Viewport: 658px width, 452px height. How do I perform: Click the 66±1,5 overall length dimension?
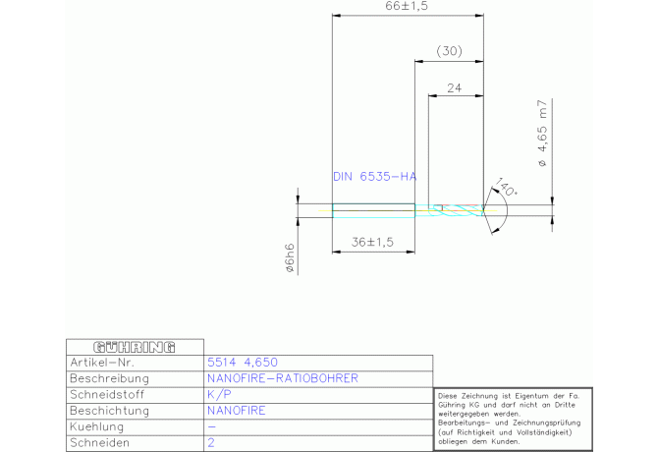tap(407, 6)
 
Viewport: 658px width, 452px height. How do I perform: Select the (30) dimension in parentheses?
tap(449, 51)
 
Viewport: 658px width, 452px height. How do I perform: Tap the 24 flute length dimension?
tap(454, 88)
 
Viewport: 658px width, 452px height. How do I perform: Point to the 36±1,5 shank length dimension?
tap(372, 242)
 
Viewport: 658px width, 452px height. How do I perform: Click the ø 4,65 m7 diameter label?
tap(542, 133)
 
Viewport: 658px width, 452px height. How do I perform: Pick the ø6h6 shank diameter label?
tap(290, 258)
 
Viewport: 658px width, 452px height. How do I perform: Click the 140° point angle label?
tap(506, 187)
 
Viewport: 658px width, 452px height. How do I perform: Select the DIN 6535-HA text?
tap(375, 177)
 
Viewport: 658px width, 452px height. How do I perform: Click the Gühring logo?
tap(135, 347)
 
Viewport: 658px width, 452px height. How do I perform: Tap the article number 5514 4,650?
tap(243, 363)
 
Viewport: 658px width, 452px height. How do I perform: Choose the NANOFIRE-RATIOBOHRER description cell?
tap(283, 378)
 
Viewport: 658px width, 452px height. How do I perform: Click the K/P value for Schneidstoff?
tap(219, 394)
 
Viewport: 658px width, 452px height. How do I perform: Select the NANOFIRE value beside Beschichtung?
tap(237, 411)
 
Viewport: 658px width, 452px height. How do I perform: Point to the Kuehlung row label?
tap(97, 426)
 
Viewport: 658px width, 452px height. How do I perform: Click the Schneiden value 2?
tap(211, 443)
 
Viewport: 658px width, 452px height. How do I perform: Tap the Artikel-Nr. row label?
tap(102, 363)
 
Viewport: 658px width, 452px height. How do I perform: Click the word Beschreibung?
tap(110, 378)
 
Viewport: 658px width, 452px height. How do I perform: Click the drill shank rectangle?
tap(373, 210)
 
